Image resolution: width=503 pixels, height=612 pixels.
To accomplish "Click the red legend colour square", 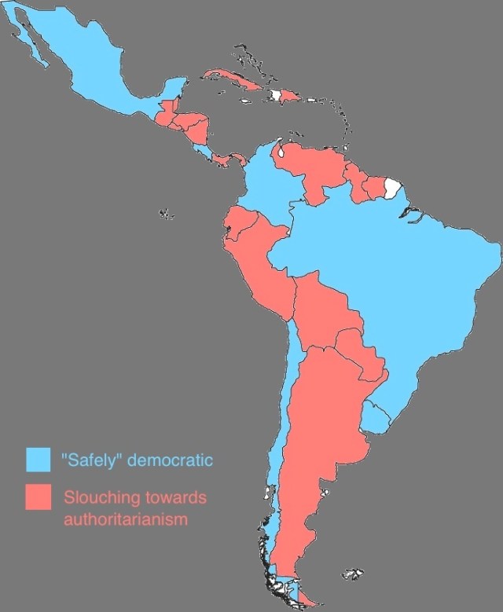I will tap(38, 498).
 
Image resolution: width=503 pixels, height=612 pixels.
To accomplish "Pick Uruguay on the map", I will tap(376, 416).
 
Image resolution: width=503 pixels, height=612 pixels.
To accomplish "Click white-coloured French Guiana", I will tap(392, 189).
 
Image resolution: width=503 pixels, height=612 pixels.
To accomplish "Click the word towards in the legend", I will tap(170, 498).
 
